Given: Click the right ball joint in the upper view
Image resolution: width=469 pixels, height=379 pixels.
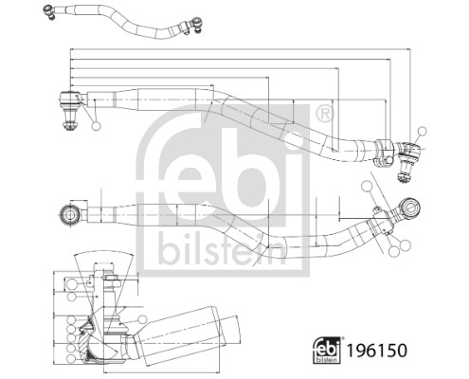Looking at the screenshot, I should click(x=410, y=150).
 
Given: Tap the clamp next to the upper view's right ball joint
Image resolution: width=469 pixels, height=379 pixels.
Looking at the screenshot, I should click(x=384, y=150).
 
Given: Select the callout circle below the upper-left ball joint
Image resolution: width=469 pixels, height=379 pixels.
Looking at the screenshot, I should click(x=96, y=125).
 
